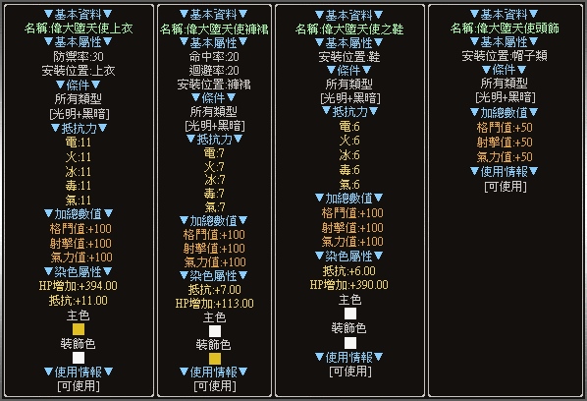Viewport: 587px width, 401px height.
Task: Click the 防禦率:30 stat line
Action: [79, 57]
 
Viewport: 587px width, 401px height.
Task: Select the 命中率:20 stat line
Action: [214, 57]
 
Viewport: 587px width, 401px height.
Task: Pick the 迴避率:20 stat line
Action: [214, 71]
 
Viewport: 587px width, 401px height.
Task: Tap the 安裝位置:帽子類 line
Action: [505, 56]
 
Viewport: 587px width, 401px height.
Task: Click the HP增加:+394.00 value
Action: [79, 286]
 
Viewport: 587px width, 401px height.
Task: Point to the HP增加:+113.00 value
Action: [215, 303]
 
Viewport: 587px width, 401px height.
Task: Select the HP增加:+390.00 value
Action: [348, 285]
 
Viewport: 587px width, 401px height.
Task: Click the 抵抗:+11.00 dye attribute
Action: [79, 301]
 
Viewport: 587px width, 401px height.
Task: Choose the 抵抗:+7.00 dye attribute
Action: [215, 290]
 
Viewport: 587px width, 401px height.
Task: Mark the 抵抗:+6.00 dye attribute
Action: [348, 271]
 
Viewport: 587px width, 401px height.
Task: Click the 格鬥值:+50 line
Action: [505, 128]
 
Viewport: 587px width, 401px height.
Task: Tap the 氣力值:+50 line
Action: [505, 157]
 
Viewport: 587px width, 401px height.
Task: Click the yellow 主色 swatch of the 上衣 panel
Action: [79, 329]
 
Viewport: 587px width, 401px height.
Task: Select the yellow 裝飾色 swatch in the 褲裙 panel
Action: [215, 359]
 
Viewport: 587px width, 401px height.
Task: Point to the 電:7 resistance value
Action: [214, 153]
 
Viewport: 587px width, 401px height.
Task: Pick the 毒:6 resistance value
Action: [349, 170]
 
